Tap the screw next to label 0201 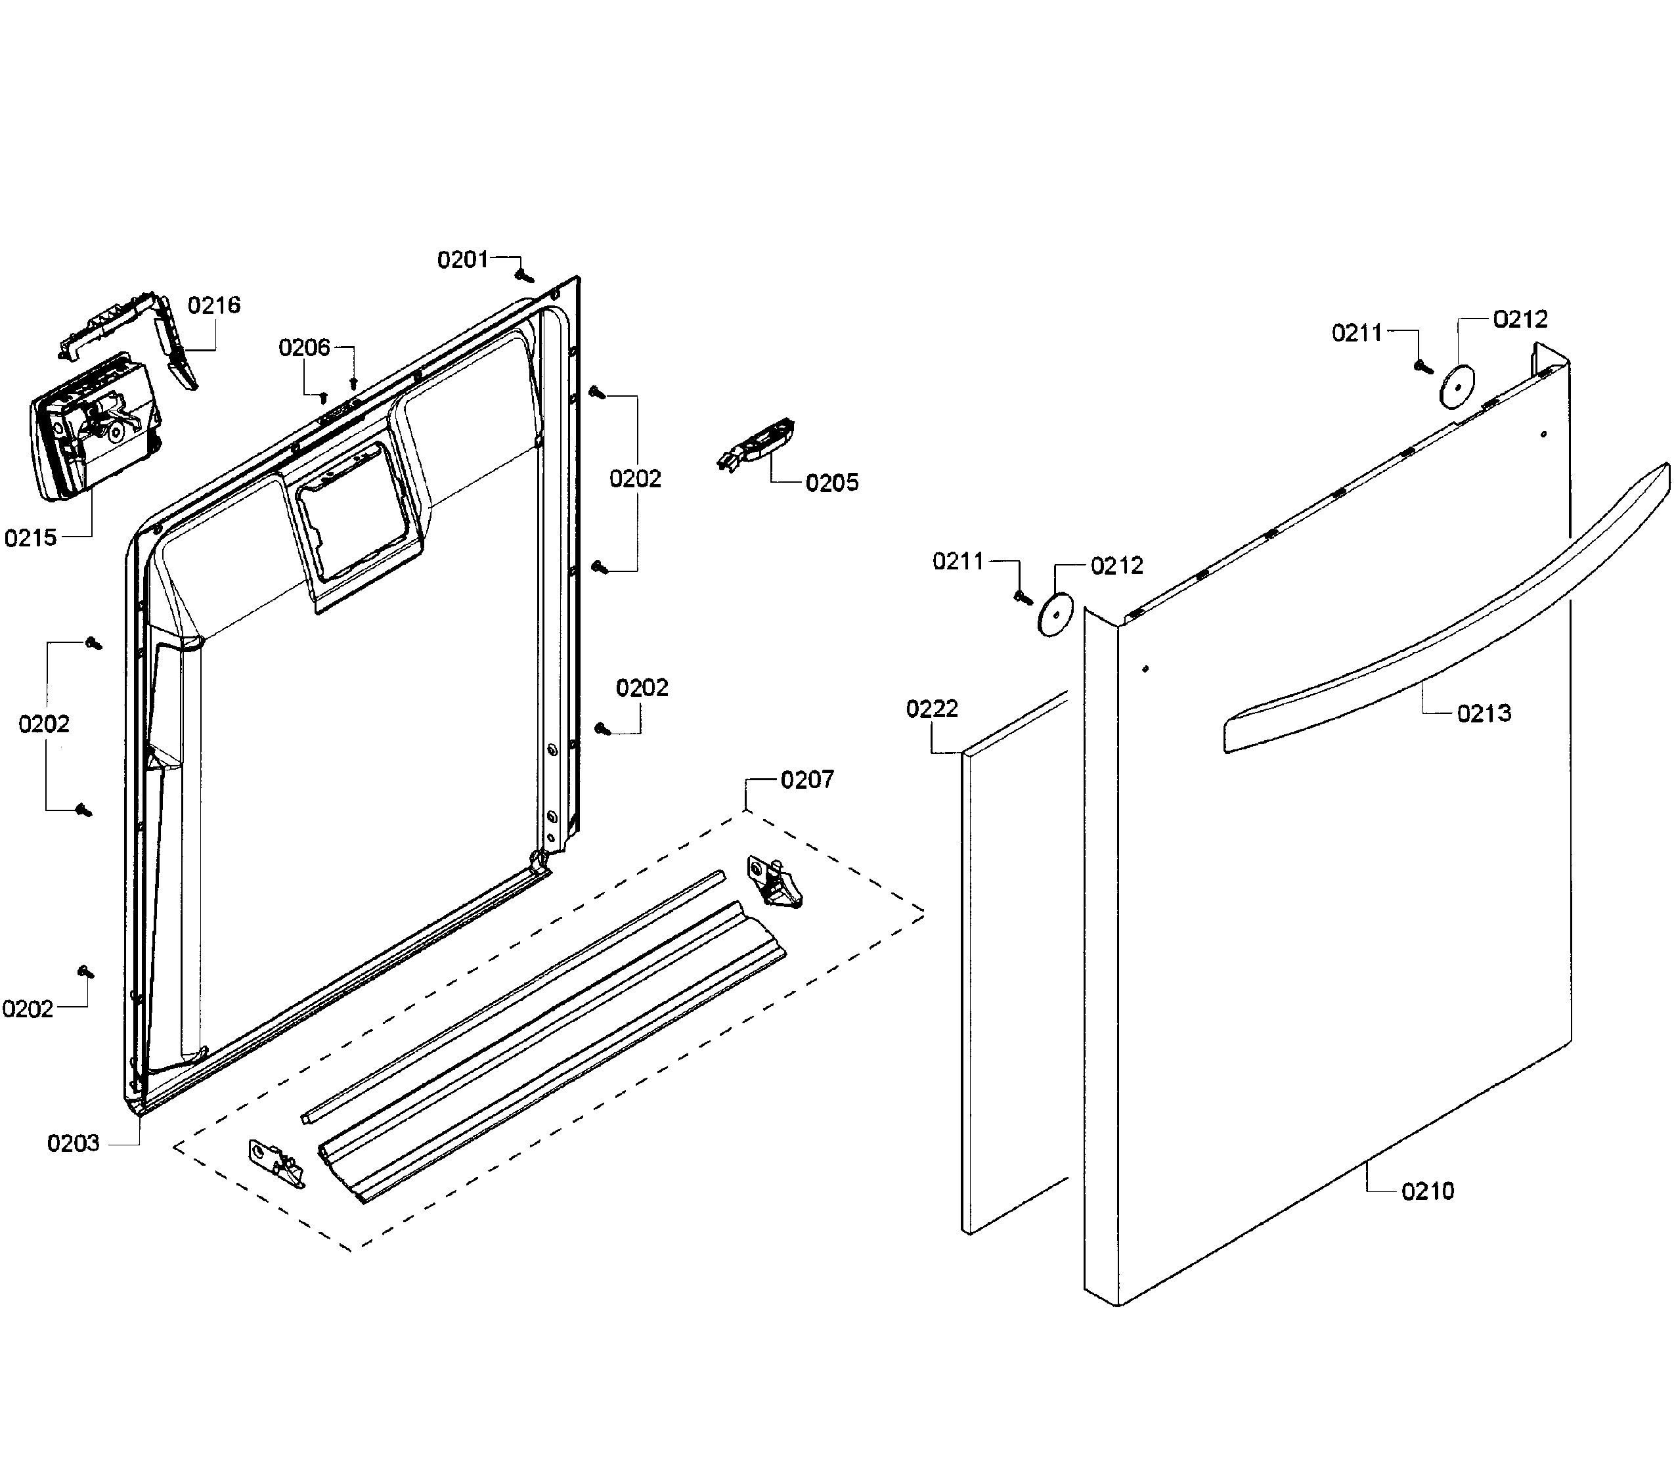click(x=524, y=275)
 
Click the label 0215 click(x=30, y=538)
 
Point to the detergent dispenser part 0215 click(x=90, y=426)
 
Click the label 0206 click(x=304, y=348)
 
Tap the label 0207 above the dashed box click(x=806, y=780)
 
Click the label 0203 click(x=73, y=1143)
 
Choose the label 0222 click(x=931, y=709)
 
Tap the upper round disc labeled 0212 click(x=1456, y=384)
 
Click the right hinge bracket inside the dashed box click(x=773, y=881)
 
